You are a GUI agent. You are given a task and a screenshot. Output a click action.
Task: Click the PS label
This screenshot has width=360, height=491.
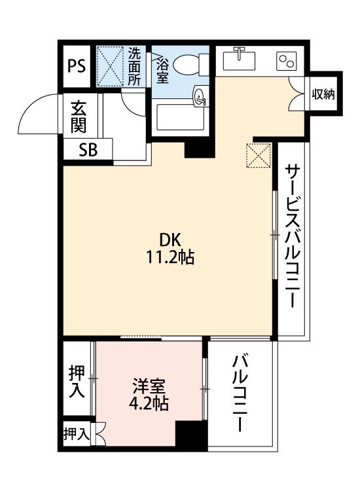77,66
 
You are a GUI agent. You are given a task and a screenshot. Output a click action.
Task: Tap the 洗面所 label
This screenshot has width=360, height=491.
134,67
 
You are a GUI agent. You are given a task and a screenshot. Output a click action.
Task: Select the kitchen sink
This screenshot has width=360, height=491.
239,60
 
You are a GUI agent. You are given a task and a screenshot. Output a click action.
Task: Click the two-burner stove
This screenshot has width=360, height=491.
287,61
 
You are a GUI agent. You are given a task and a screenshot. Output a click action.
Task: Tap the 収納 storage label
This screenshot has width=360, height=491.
323,94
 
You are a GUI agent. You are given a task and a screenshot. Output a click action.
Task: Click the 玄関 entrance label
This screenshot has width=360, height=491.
79,117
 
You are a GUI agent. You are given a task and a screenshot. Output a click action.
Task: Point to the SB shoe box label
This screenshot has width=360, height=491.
88,150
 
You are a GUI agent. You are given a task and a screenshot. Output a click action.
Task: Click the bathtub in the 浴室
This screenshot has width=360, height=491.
181,117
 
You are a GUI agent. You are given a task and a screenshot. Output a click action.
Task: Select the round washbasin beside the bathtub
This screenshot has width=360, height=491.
200,96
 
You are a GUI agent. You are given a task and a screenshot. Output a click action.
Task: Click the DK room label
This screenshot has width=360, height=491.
170,240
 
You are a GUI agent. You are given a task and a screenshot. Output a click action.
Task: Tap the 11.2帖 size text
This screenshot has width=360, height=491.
170,258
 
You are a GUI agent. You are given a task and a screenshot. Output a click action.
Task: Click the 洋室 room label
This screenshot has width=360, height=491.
149,386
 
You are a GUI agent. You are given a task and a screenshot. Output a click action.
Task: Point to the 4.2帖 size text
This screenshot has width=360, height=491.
149,404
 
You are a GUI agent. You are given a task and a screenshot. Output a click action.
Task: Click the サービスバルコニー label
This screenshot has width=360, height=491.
293,236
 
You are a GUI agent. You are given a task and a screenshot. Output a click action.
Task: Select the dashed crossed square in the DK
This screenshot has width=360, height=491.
259,155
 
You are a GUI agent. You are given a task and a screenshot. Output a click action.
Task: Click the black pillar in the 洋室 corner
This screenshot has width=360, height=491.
191,435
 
